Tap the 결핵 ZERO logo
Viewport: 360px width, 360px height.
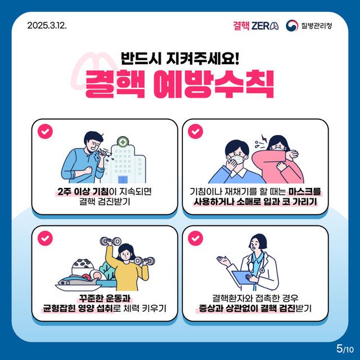click(255, 26)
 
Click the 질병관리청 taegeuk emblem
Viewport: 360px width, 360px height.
click(292, 26)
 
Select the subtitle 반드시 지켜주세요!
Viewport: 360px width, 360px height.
click(180, 58)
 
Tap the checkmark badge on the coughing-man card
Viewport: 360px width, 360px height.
click(44, 131)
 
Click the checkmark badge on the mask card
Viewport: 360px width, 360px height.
click(195, 131)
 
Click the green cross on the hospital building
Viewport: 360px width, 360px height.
click(121, 142)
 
